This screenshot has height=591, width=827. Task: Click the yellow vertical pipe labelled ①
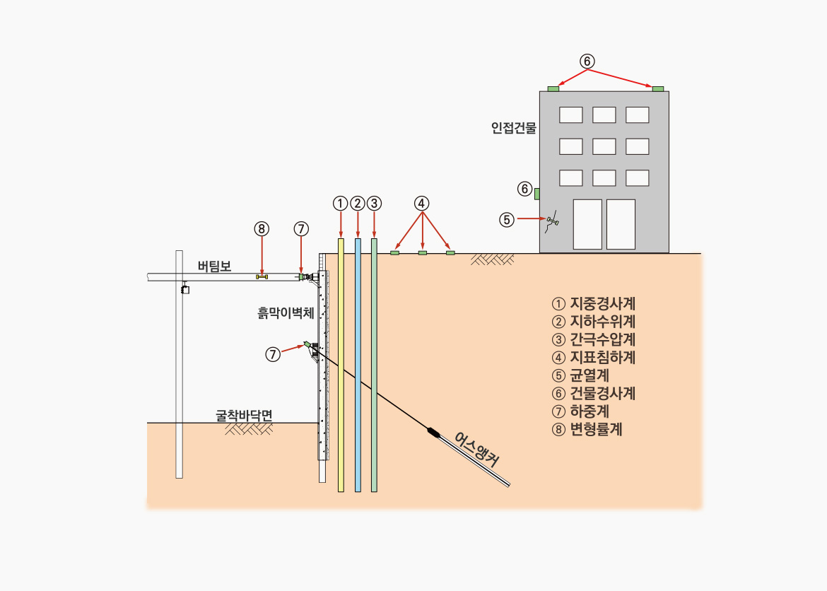click(x=341, y=365)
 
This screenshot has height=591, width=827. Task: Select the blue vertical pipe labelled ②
click(x=358, y=365)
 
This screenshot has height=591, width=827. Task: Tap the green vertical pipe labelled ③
click(x=374, y=365)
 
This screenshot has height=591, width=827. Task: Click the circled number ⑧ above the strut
click(x=262, y=229)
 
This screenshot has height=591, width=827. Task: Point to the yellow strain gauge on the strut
click(x=262, y=276)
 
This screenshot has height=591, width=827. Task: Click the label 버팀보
click(x=215, y=266)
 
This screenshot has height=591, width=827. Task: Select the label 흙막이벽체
click(x=286, y=313)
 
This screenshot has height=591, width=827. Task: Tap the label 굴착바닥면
click(x=244, y=415)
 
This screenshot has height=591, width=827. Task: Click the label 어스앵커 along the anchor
click(x=476, y=450)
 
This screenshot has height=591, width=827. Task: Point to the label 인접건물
click(x=514, y=128)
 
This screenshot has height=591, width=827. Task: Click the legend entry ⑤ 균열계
click(x=581, y=375)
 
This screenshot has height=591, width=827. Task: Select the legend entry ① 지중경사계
click(x=593, y=304)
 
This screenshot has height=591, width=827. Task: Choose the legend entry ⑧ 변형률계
click(x=587, y=430)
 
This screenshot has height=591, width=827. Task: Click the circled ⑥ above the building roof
click(x=587, y=62)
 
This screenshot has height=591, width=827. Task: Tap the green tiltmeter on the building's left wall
click(x=537, y=194)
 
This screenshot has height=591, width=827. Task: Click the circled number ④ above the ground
click(x=421, y=203)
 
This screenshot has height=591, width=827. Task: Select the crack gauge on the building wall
click(x=552, y=221)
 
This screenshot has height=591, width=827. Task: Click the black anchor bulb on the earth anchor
click(x=433, y=433)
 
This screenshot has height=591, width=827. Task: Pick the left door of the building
click(x=587, y=224)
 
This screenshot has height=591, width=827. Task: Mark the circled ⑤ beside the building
click(x=507, y=220)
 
